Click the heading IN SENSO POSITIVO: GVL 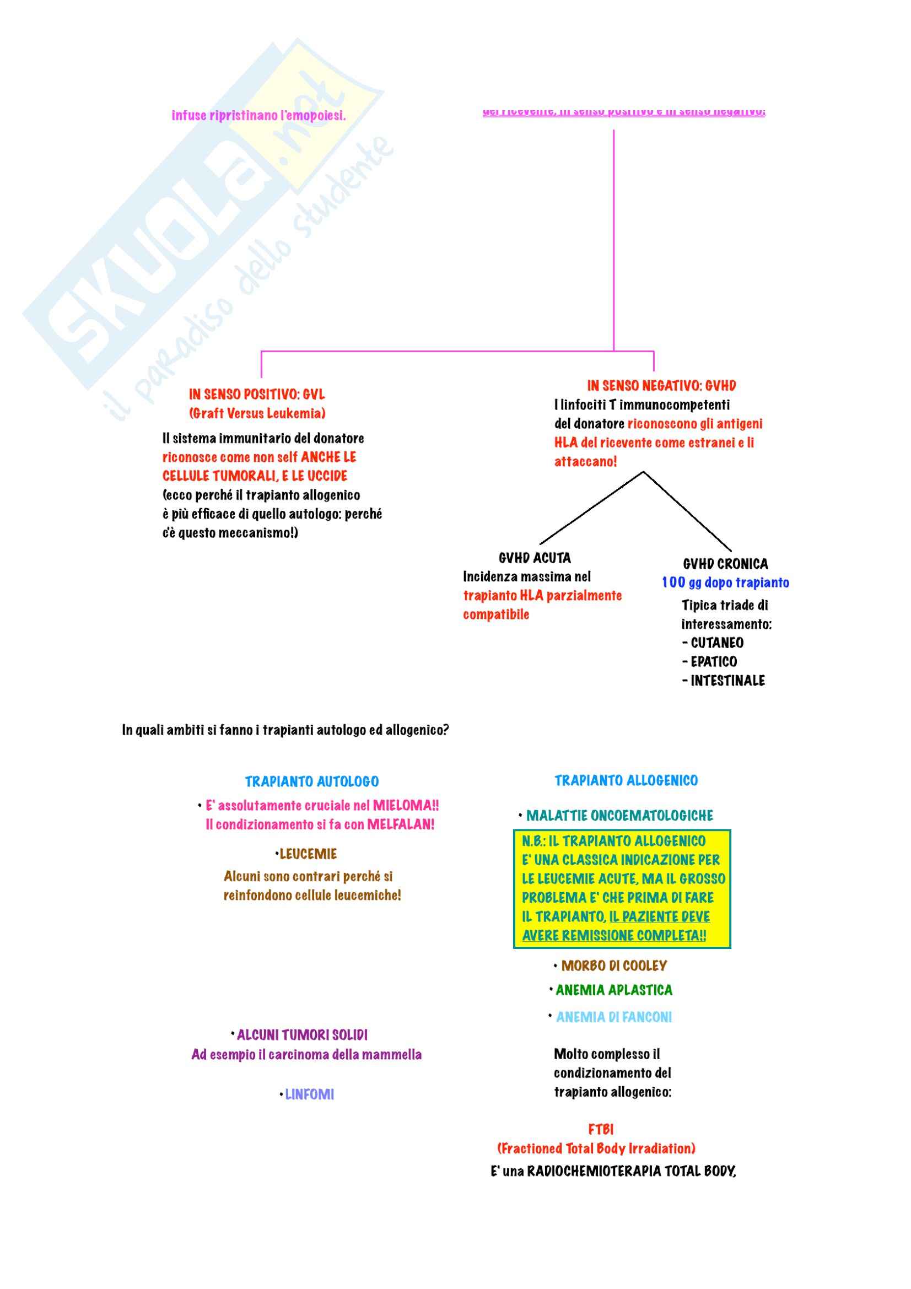pyautogui.click(x=256, y=394)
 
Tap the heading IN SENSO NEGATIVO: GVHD pyautogui.click(x=661, y=386)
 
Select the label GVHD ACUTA pyautogui.click(x=535, y=558)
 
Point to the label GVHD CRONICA pyautogui.click(x=725, y=564)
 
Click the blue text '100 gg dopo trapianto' pyautogui.click(x=725, y=583)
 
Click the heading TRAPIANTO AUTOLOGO pyautogui.click(x=311, y=781)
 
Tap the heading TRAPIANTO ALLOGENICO pyautogui.click(x=626, y=780)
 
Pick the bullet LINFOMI pyautogui.click(x=309, y=1094)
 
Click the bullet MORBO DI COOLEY pyautogui.click(x=614, y=966)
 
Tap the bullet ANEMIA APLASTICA pyautogui.click(x=613, y=990)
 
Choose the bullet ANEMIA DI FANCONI pyautogui.click(x=613, y=1017)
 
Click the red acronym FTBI pyautogui.click(x=601, y=1129)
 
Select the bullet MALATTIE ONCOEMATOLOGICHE pyautogui.click(x=619, y=815)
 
